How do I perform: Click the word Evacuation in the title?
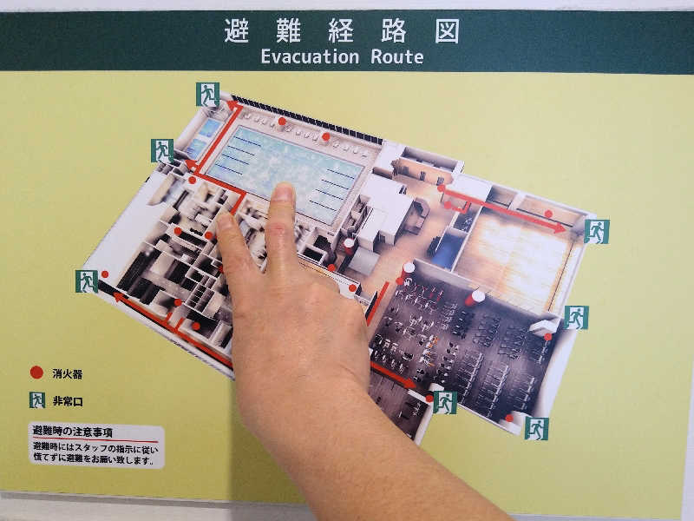(x=310, y=56)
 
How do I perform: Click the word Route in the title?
(x=397, y=56)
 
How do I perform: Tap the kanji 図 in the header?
(x=447, y=30)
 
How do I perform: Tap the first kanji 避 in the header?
(x=237, y=30)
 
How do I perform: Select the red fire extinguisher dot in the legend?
(x=36, y=373)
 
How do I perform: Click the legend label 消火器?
(x=68, y=374)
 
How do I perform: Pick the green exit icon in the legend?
(x=37, y=400)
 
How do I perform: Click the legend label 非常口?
(x=68, y=401)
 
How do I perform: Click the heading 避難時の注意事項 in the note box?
(x=73, y=431)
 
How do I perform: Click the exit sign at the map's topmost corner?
(x=207, y=95)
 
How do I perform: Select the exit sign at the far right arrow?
(x=597, y=231)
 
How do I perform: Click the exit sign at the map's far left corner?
(x=87, y=281)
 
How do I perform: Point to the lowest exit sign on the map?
(x=536, y=428)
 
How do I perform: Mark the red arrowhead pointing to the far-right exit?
(x=560, y=228)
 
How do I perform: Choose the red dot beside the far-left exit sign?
(x=105, y=274)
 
